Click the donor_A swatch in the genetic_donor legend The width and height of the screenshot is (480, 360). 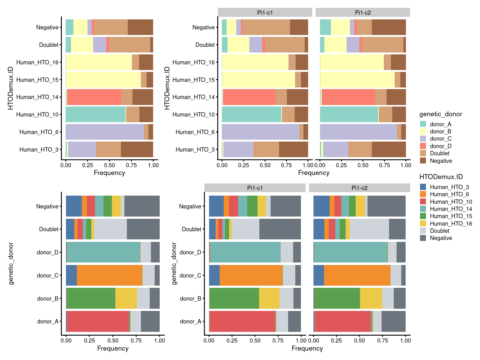(x=423, y=124)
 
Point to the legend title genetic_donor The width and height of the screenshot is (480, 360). (x=441, y=114)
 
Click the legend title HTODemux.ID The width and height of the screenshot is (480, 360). (x=441, y=177)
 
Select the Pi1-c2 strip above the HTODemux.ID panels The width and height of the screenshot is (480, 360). (x=363, y=12)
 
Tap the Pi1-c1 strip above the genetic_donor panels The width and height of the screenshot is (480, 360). (x=255, y=188)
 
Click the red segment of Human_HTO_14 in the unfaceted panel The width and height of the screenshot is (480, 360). (x=94, y=97)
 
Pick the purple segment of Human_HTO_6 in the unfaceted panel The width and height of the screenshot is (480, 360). (x=105, y=132)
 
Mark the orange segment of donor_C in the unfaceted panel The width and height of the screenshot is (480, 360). (x=110, y=275)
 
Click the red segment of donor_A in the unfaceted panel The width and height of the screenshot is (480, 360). (x=98, y=321)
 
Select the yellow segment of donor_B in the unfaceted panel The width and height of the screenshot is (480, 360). (x=126, y=298)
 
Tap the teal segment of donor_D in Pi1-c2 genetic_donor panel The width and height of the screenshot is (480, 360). (x=351, y=252)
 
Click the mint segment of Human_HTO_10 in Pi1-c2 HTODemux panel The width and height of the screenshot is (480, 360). (x=349, y=114)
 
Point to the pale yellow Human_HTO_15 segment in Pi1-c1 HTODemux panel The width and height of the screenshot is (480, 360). (x=258, y=80)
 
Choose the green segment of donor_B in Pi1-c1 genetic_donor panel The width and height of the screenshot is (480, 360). (x=234, y=298)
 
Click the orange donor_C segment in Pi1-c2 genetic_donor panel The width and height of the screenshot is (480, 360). (x=357, y=275)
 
